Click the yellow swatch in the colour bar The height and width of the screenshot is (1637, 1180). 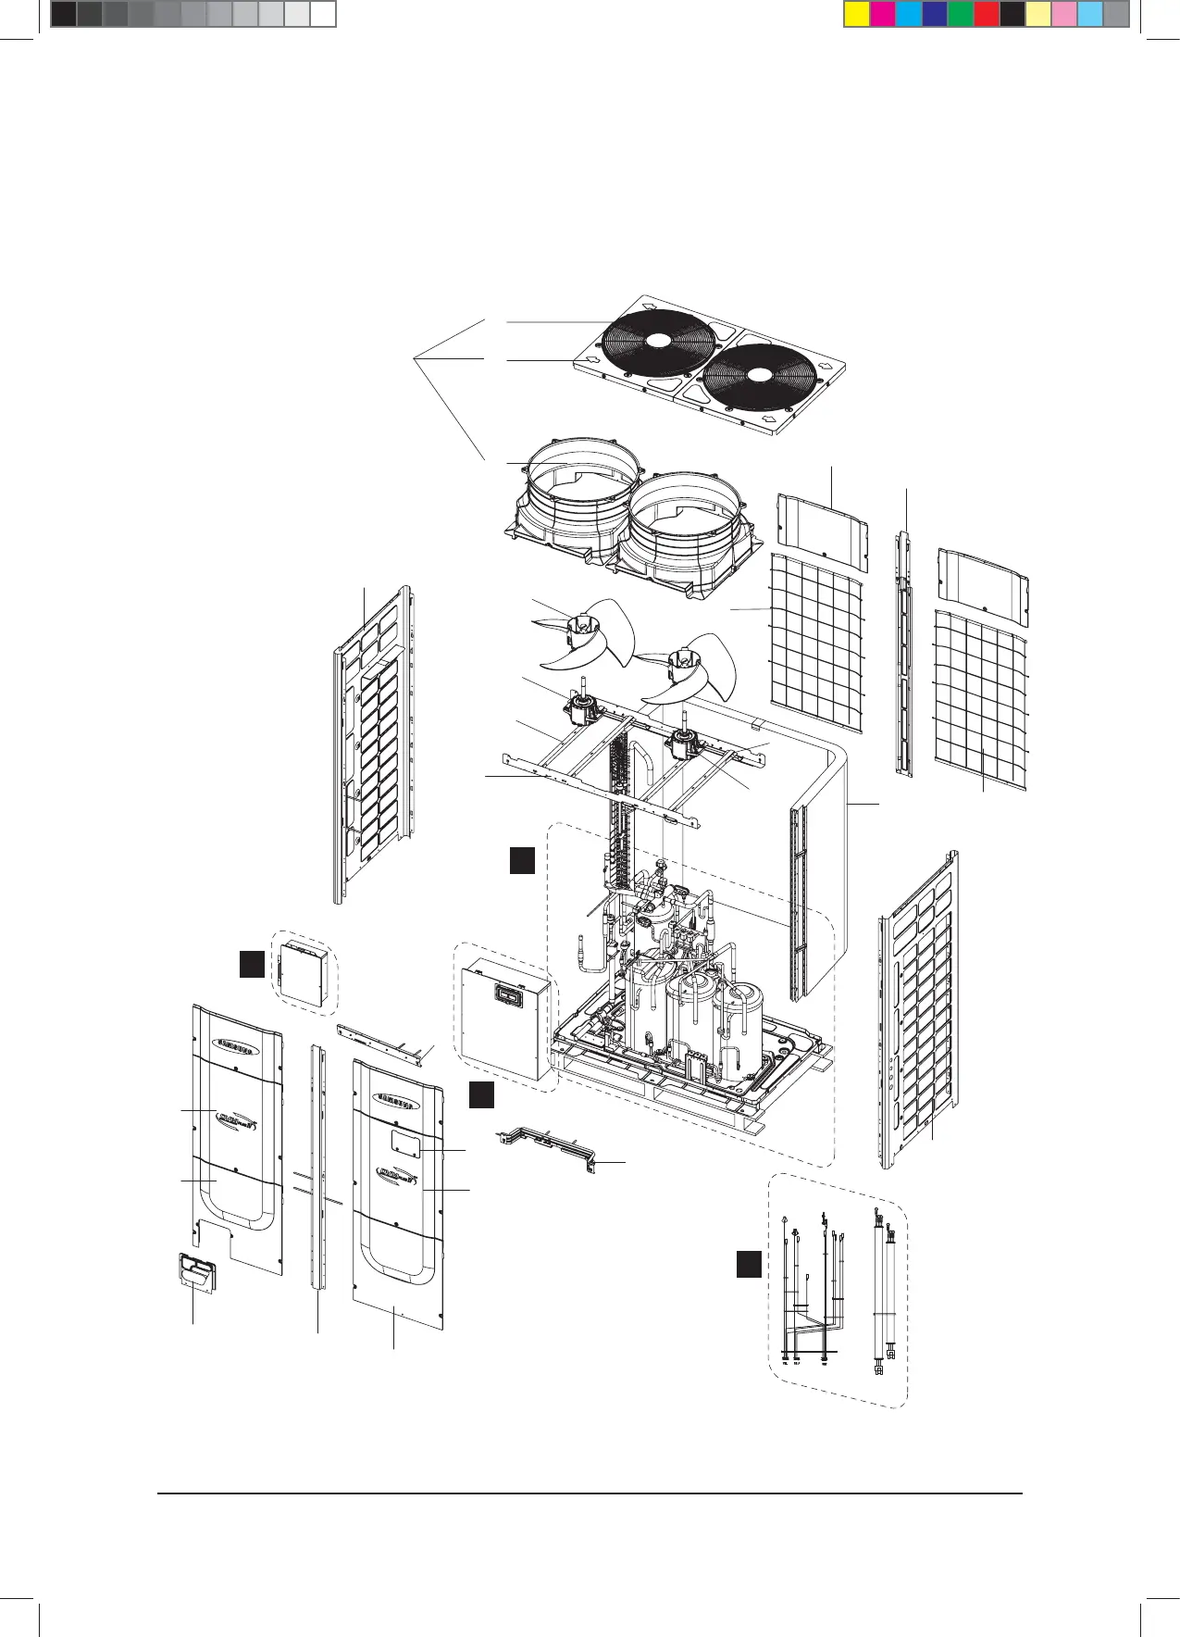pos(857,14)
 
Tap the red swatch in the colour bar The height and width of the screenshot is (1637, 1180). pos(987,14)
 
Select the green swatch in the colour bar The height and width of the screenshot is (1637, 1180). pos(961,14)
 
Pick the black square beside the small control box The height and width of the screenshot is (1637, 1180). pos(251,964)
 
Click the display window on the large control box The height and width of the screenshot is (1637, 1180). pos(505,993)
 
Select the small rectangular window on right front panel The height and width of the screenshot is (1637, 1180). pos(405,1143)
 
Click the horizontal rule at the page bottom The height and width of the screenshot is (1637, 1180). pos(590,1493)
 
